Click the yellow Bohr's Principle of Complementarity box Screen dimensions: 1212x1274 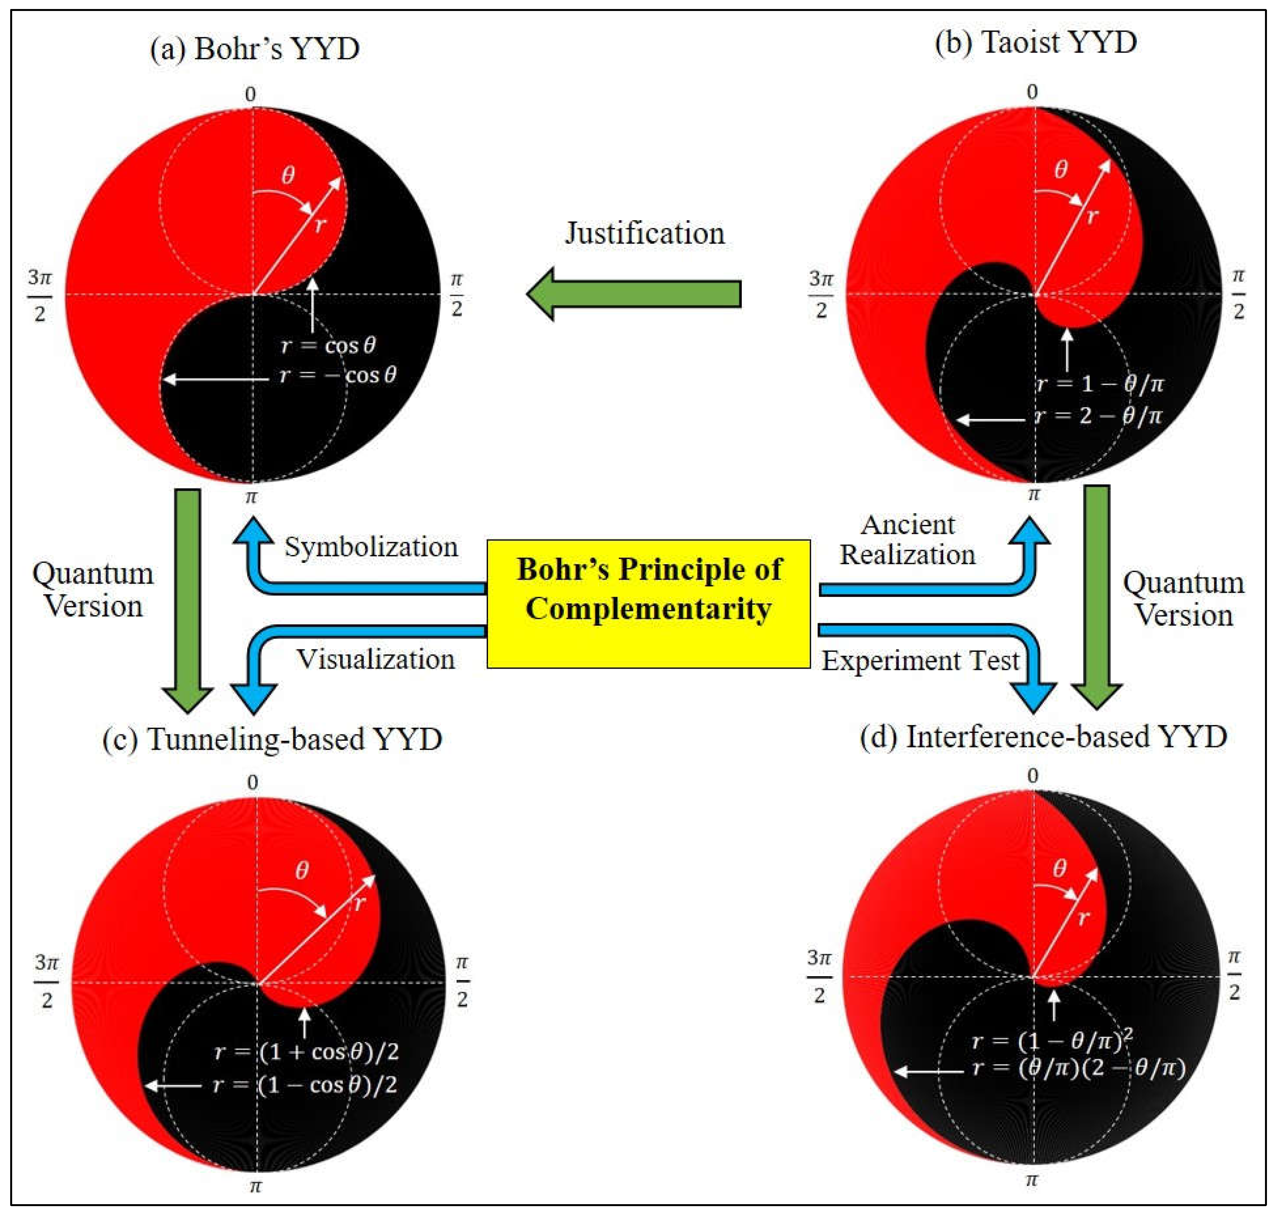[x=648, y=603]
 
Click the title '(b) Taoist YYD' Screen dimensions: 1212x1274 [x=1035, y=43]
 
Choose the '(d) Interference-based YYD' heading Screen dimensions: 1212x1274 [x=1043, y=737]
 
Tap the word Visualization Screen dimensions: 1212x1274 [x=375, y=659]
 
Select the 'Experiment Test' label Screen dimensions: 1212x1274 [x=920, y=660]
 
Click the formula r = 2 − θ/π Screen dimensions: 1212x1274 [x=1099, y=415]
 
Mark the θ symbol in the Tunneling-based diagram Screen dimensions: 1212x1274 [x=302, y=871]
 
